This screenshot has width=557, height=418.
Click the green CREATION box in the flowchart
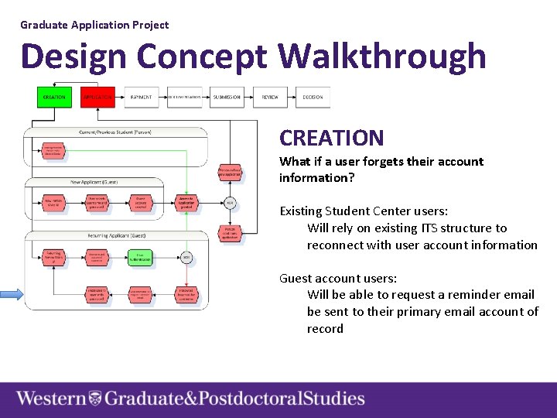pyautogui.click(x=54, y=98)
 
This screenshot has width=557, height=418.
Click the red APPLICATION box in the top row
pyautogui.click(x=97, y=98)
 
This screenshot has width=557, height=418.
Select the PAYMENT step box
pyautogui.click(x=141, y=98)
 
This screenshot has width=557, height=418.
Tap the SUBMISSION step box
pyautogui.click(x=227, y=98)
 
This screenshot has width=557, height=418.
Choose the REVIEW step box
pyautogui.click(x=270, y=98)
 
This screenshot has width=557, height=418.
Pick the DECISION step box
pyautogui.click(x=313, y=98)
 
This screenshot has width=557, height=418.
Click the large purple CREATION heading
pyautogui.click(x=331, y=139)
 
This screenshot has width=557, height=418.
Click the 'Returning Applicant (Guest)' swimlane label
pyautogui.click(x=116, y=235)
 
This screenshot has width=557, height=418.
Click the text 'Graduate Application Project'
pyautogui.click(x=94, y=25)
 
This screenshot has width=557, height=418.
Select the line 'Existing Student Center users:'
pyautogui.click(x=364, y=211)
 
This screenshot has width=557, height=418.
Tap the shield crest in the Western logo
pyautogui.click(x=95, y=399)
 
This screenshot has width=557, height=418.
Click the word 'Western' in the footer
pyautogui.click(x=51, y=399)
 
